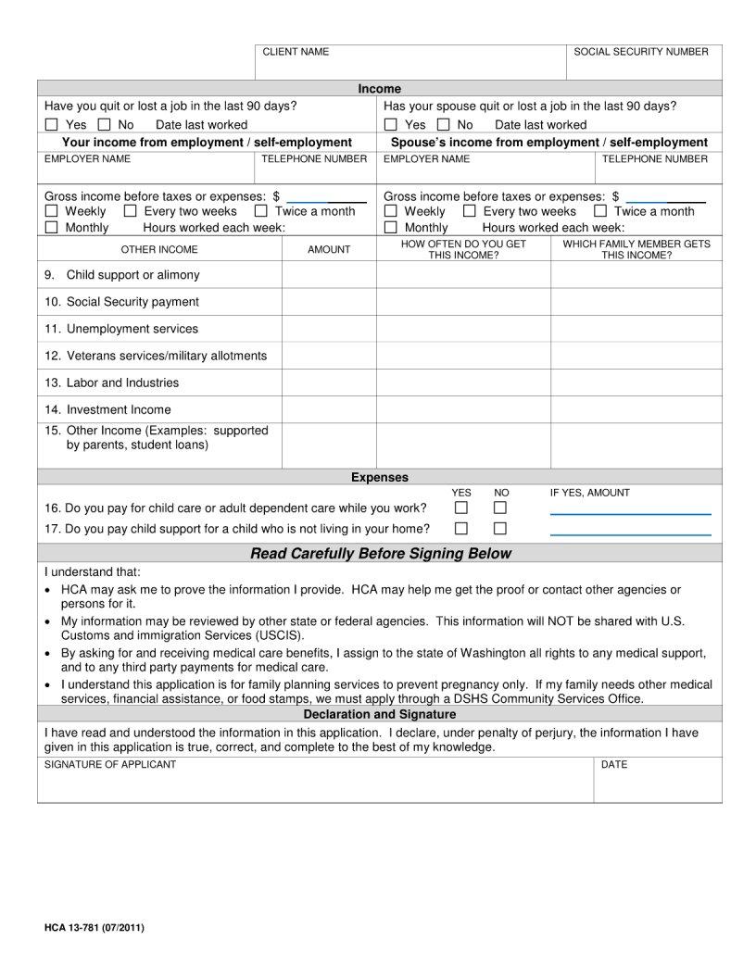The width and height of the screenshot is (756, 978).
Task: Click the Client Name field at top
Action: [409, 65]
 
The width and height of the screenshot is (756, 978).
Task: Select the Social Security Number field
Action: [643, 65]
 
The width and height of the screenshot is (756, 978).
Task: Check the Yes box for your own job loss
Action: [52, 125]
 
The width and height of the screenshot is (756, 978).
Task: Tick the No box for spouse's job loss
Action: [444, 125]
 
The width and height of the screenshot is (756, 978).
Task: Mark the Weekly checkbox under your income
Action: [52, 211]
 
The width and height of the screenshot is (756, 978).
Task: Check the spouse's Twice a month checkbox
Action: [600, 211]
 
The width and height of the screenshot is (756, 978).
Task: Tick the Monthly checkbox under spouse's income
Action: [391, 228]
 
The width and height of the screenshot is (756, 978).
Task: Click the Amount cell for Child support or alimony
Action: [329, 275]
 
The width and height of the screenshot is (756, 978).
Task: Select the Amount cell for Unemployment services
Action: [329, 329]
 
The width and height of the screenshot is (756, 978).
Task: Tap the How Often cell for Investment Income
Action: [463, 409]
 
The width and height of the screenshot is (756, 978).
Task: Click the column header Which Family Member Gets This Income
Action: [636, 249]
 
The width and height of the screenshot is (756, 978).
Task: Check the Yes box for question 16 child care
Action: [461, 508]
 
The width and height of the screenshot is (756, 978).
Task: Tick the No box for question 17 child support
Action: [500, 529]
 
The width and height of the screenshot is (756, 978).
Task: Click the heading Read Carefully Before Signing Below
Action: [380, 554]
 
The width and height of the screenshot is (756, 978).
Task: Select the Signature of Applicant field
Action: [315, 784]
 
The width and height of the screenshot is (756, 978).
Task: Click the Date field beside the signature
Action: [657, 784]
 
